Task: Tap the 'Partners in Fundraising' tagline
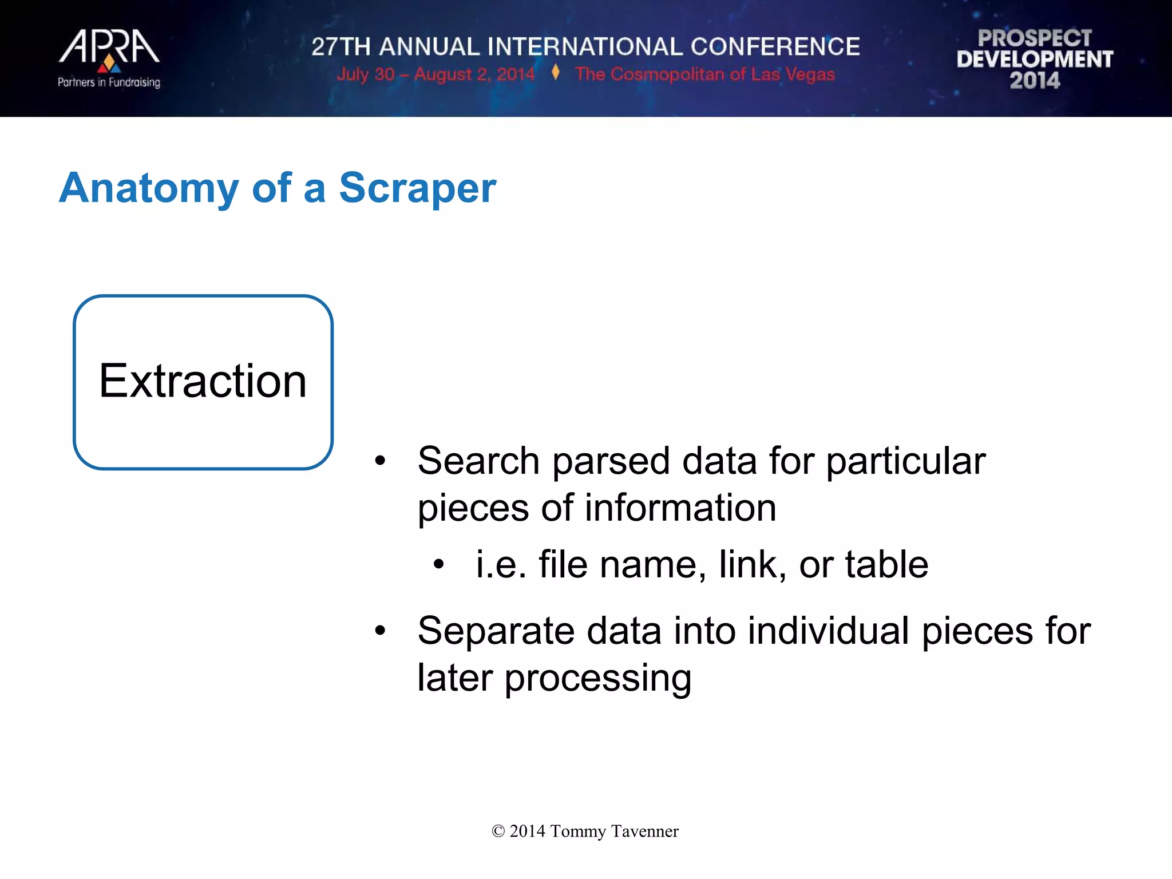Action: click(x=109, y=82)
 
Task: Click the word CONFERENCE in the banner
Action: click(x=775, y=47)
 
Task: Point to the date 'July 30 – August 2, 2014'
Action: click(x=435, y=74)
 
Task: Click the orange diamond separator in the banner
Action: click(x=555, y=73)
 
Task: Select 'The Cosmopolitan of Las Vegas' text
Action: click(x=705, y=74)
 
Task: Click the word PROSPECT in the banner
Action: click(x=1035, y=38)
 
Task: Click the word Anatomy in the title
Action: click(x=149, y=189)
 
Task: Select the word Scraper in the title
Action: click(x=417, y=188)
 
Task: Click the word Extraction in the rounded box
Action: click(x=203, y=381)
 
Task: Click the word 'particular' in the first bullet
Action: click(x=906, y=461)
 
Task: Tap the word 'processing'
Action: click(x=597, y=679)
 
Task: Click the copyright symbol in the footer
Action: click(x=498, y=832)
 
